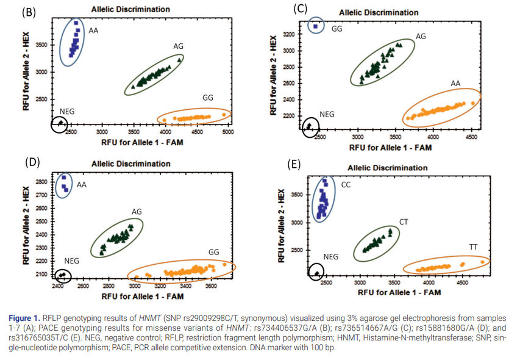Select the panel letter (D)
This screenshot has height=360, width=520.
pyautogui.click(x=32, y=162)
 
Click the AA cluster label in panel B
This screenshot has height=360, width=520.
pyautogui.click(x=93, y=30)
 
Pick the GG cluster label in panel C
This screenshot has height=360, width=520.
pyautogui.click(x=337, y=29)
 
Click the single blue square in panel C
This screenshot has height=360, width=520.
pyautogui.click(x=315, y=26)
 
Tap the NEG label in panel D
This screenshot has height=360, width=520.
pyautogui.click(x=72, y=261)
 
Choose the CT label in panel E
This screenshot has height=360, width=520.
pyautogui.click(x=404, y=221)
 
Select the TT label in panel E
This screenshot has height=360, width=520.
pyautogui.click(x=473, y=247)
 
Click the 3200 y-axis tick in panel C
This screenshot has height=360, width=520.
pyautogui.click(x=289, y=34)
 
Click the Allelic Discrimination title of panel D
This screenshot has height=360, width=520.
pyautogui.click(x=130, y=164)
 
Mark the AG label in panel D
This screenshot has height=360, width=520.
pyautogui.click(x=137, y=212)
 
